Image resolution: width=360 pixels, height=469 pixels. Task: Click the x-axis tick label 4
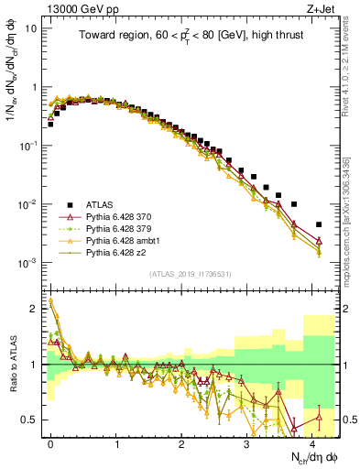tap(312, 442)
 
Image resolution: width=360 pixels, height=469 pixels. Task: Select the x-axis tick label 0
tap(50, 442)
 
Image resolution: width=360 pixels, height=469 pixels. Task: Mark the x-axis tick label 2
tap(181, 442)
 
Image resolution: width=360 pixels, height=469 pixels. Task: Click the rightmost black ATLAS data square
tap(319, 224)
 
